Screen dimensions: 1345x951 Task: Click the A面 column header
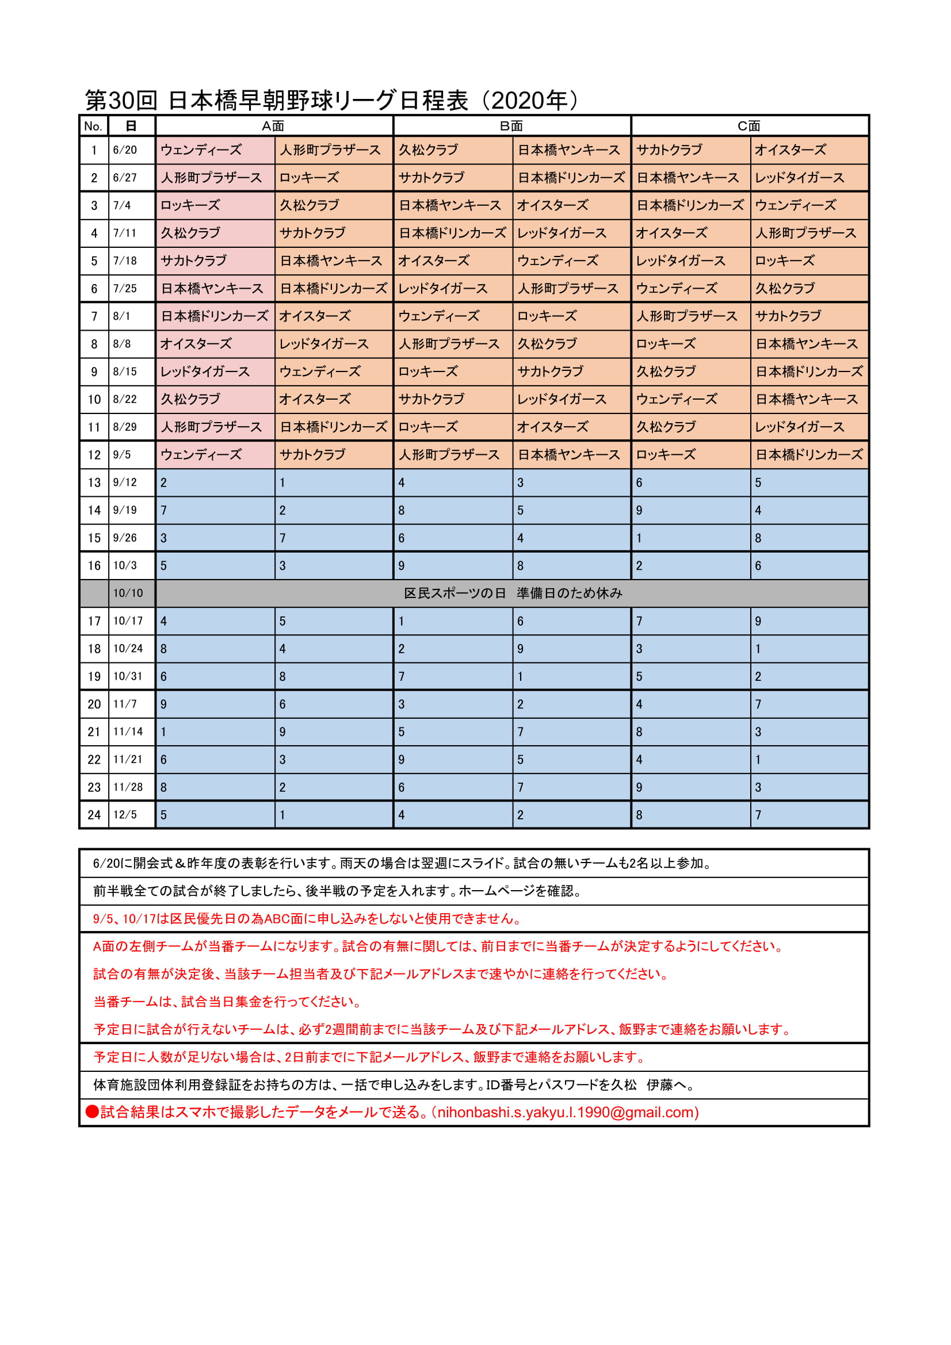[273, 126]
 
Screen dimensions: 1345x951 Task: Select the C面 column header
[749, 126]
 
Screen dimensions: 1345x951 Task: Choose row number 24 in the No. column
[94, 815]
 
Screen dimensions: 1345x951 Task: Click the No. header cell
[93, 126]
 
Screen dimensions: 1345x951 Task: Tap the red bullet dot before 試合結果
[92, 1112]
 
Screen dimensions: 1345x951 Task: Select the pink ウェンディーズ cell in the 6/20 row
[201, 150]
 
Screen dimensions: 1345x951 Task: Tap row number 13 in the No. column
[94, 482]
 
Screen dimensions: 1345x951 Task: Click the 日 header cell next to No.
[131, 126]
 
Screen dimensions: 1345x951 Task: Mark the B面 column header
[511, 126]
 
